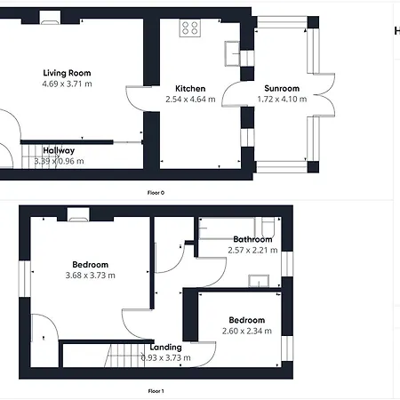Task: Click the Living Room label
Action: (67, 73)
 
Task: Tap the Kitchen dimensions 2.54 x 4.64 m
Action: (190, 100)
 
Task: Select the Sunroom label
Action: (282, 88)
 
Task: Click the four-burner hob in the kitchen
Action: (190, 28)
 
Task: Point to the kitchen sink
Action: (232, 53)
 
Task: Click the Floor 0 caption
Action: (156, 193)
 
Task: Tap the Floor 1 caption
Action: (156, 391)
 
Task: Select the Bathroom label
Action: (252, 239)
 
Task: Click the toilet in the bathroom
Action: (268, 227)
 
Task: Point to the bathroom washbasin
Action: (259, 281)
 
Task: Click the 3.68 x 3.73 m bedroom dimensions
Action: (91, 276)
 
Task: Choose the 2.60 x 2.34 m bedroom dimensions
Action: (247, 331)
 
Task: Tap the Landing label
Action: (165, 348)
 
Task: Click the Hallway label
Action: (59, 150)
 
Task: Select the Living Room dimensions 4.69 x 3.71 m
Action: (67, 84)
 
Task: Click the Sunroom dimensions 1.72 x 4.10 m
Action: (282, 99)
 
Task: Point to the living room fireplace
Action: (50, 18)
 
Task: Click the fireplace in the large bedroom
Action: (78, 215)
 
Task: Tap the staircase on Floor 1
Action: (125, 356)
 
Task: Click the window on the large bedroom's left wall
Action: (25, 278)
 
